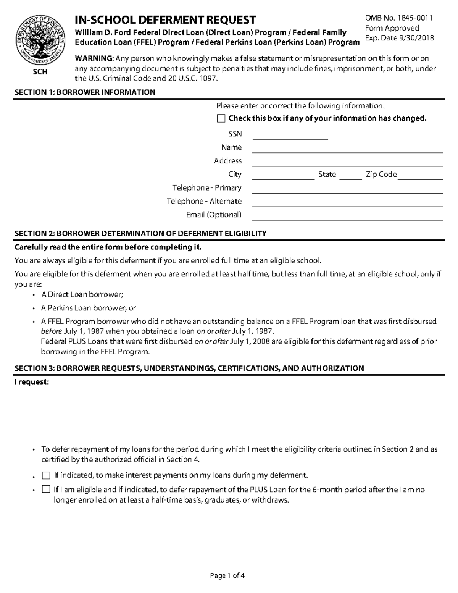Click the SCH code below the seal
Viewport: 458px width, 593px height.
40,72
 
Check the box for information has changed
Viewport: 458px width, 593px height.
221,118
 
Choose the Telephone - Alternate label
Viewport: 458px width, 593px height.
204,201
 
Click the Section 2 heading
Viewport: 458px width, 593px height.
140,234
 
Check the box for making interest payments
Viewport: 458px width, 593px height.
46,475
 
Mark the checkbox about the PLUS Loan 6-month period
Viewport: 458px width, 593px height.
46,490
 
